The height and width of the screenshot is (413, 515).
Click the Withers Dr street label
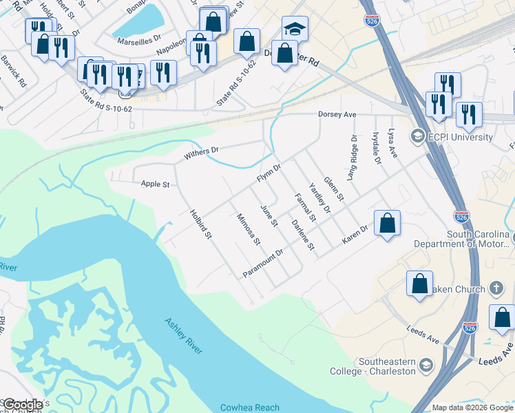[x=200, y=152]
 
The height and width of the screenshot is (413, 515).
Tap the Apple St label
[x=155, y=184]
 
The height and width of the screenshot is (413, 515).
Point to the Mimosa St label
[x=248, y=229]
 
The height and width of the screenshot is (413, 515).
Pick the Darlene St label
[x=302, y=235]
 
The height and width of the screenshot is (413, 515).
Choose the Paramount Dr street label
[x=263, y=264]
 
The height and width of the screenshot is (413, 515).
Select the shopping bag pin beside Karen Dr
[x=388, y=223]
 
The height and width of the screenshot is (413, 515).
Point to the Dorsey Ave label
[x=337, y=114]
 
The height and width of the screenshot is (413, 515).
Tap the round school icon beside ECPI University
[x=417, y=136]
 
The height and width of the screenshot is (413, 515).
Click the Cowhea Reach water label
[x=250, y=407]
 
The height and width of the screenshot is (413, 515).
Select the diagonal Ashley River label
[x=183, y=336]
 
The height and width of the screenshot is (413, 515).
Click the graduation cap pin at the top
[x=295, y=29]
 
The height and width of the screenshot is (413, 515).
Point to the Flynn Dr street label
[x=269, y=173]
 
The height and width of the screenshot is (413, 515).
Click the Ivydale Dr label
[x=376, y=148]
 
